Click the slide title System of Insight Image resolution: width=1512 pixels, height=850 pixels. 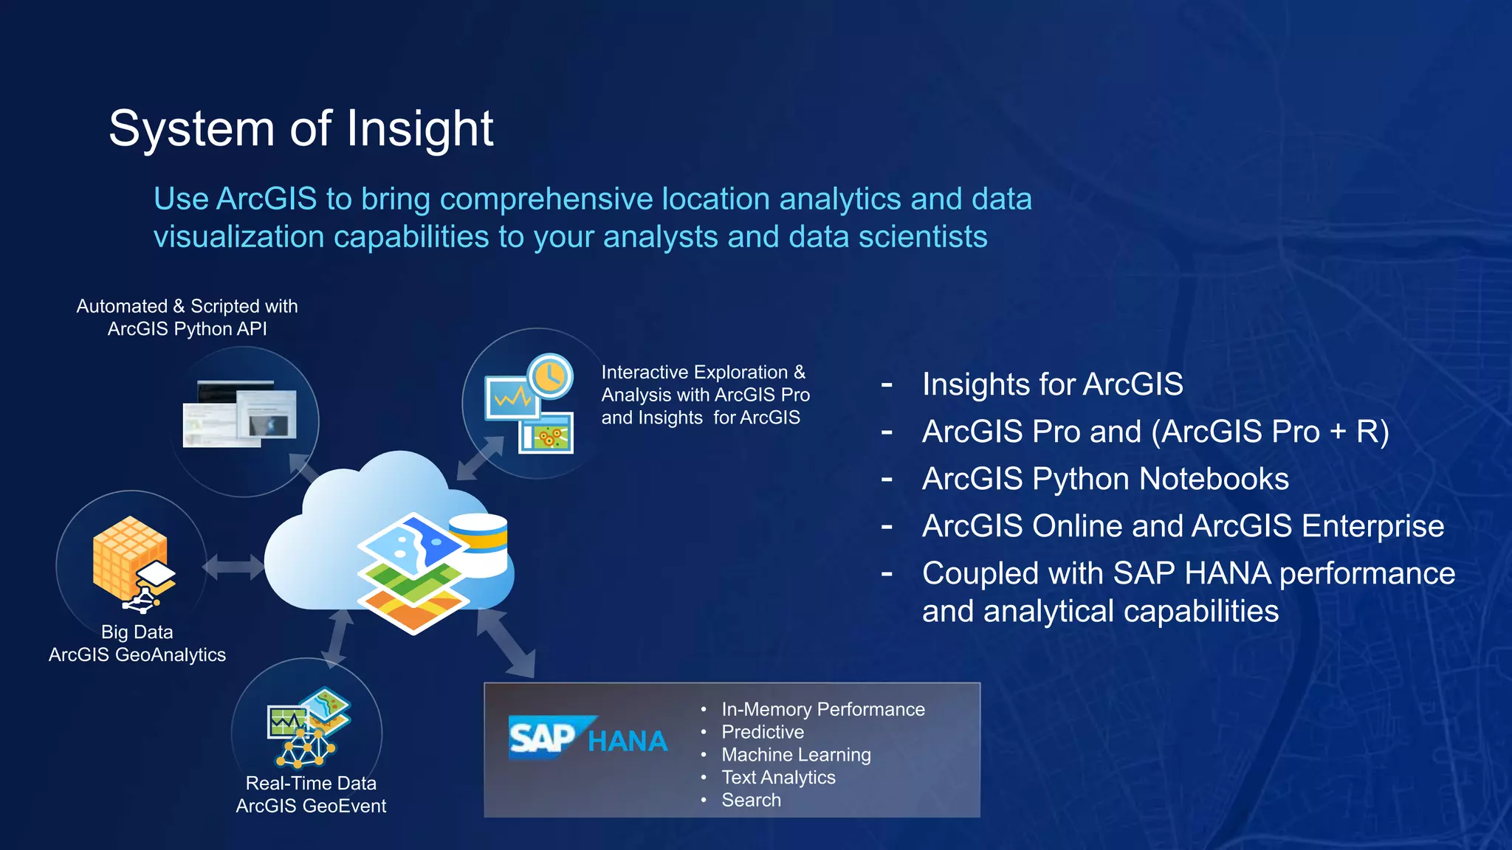pos(300,129)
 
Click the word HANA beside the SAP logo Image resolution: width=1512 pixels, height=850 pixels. pos(628,742)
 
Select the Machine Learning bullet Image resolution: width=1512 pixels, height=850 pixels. pos(795,755)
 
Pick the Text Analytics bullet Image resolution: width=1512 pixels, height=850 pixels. pos(777,778)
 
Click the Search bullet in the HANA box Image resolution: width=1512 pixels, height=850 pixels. pos(750,801)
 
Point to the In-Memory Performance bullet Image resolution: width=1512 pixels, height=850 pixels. pos(822,710)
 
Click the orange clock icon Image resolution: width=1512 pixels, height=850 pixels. pos(550,377)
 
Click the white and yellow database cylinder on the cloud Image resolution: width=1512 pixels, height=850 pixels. pos(479,545)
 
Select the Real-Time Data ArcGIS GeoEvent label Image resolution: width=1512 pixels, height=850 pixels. pos(311,795)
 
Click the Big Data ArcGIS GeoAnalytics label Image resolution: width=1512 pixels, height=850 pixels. pos(137,643)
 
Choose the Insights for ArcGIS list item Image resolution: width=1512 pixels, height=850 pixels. pos(1052,384)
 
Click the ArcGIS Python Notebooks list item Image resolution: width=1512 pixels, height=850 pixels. pos(1104,479)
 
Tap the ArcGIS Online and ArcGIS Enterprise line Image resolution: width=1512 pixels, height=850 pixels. pos(1182,526)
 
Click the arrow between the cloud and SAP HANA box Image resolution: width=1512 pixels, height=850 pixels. pos(506,642)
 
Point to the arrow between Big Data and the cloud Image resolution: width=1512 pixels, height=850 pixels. pos(233,567)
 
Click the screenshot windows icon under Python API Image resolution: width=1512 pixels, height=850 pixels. pos(240,414)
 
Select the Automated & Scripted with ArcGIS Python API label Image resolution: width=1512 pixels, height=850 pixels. pos(187,317)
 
